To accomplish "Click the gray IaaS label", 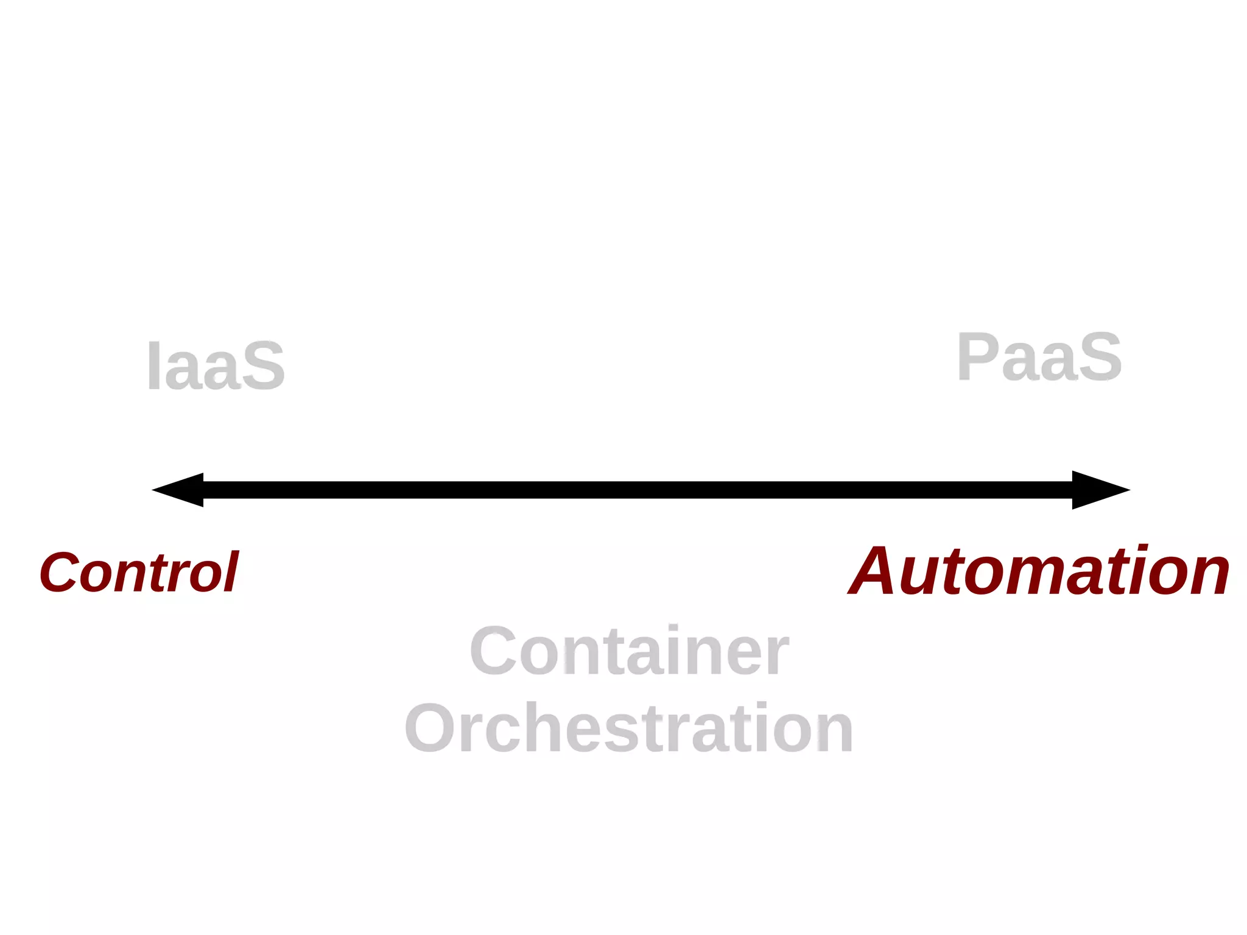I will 216,365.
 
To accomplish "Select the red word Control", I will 139,572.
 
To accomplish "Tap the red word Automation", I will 1039,571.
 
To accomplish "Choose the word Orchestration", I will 629,728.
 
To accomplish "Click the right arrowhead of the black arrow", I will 1099,490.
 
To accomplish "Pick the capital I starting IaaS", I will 154,365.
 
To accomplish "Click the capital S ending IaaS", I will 263,366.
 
